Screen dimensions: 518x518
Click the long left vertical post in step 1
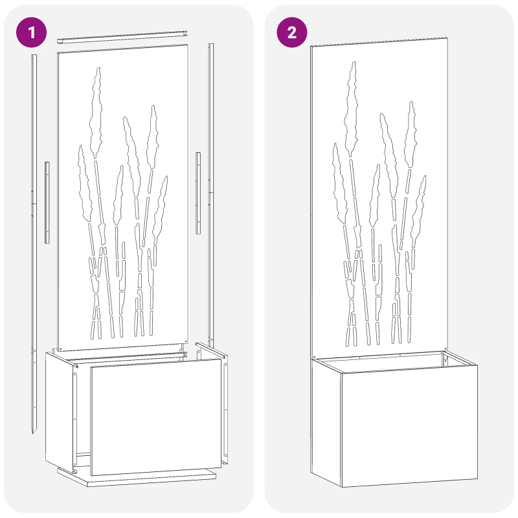[x=34, y=194]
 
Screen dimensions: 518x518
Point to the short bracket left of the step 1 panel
[x=47, y=202]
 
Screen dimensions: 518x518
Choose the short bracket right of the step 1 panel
[x=199, y=193]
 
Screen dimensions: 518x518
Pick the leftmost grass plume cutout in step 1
[x=84, y=185]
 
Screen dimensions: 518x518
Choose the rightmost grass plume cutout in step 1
[x=160, y=207]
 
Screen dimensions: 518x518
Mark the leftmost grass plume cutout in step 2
[x=339, y=181]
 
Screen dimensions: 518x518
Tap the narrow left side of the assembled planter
[x=326, y=421]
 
